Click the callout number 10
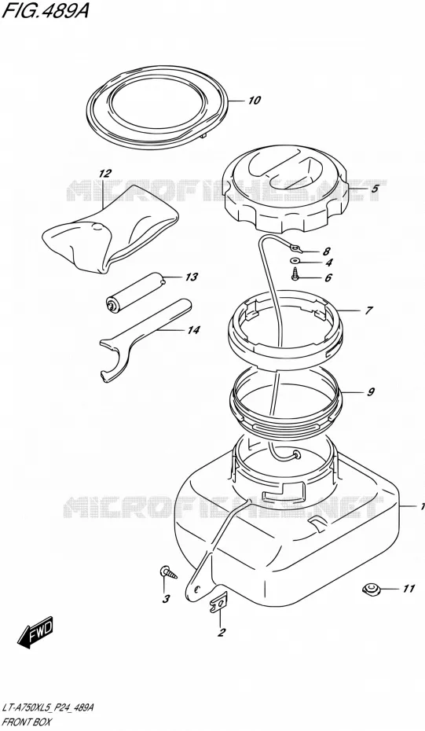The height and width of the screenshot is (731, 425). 255,101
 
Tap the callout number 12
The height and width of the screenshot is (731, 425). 105,174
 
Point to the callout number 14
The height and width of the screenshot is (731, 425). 193,331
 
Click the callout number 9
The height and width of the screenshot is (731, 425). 371,392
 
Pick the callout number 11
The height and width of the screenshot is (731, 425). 409,590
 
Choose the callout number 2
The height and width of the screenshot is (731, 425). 222,632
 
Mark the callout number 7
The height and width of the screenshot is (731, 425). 368,310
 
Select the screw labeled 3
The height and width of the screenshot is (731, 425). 169,571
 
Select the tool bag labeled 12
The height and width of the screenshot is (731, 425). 110,229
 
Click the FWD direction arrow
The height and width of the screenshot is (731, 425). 35,632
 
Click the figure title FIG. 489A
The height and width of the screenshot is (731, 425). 45,11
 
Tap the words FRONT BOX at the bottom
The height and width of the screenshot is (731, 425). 27,722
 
